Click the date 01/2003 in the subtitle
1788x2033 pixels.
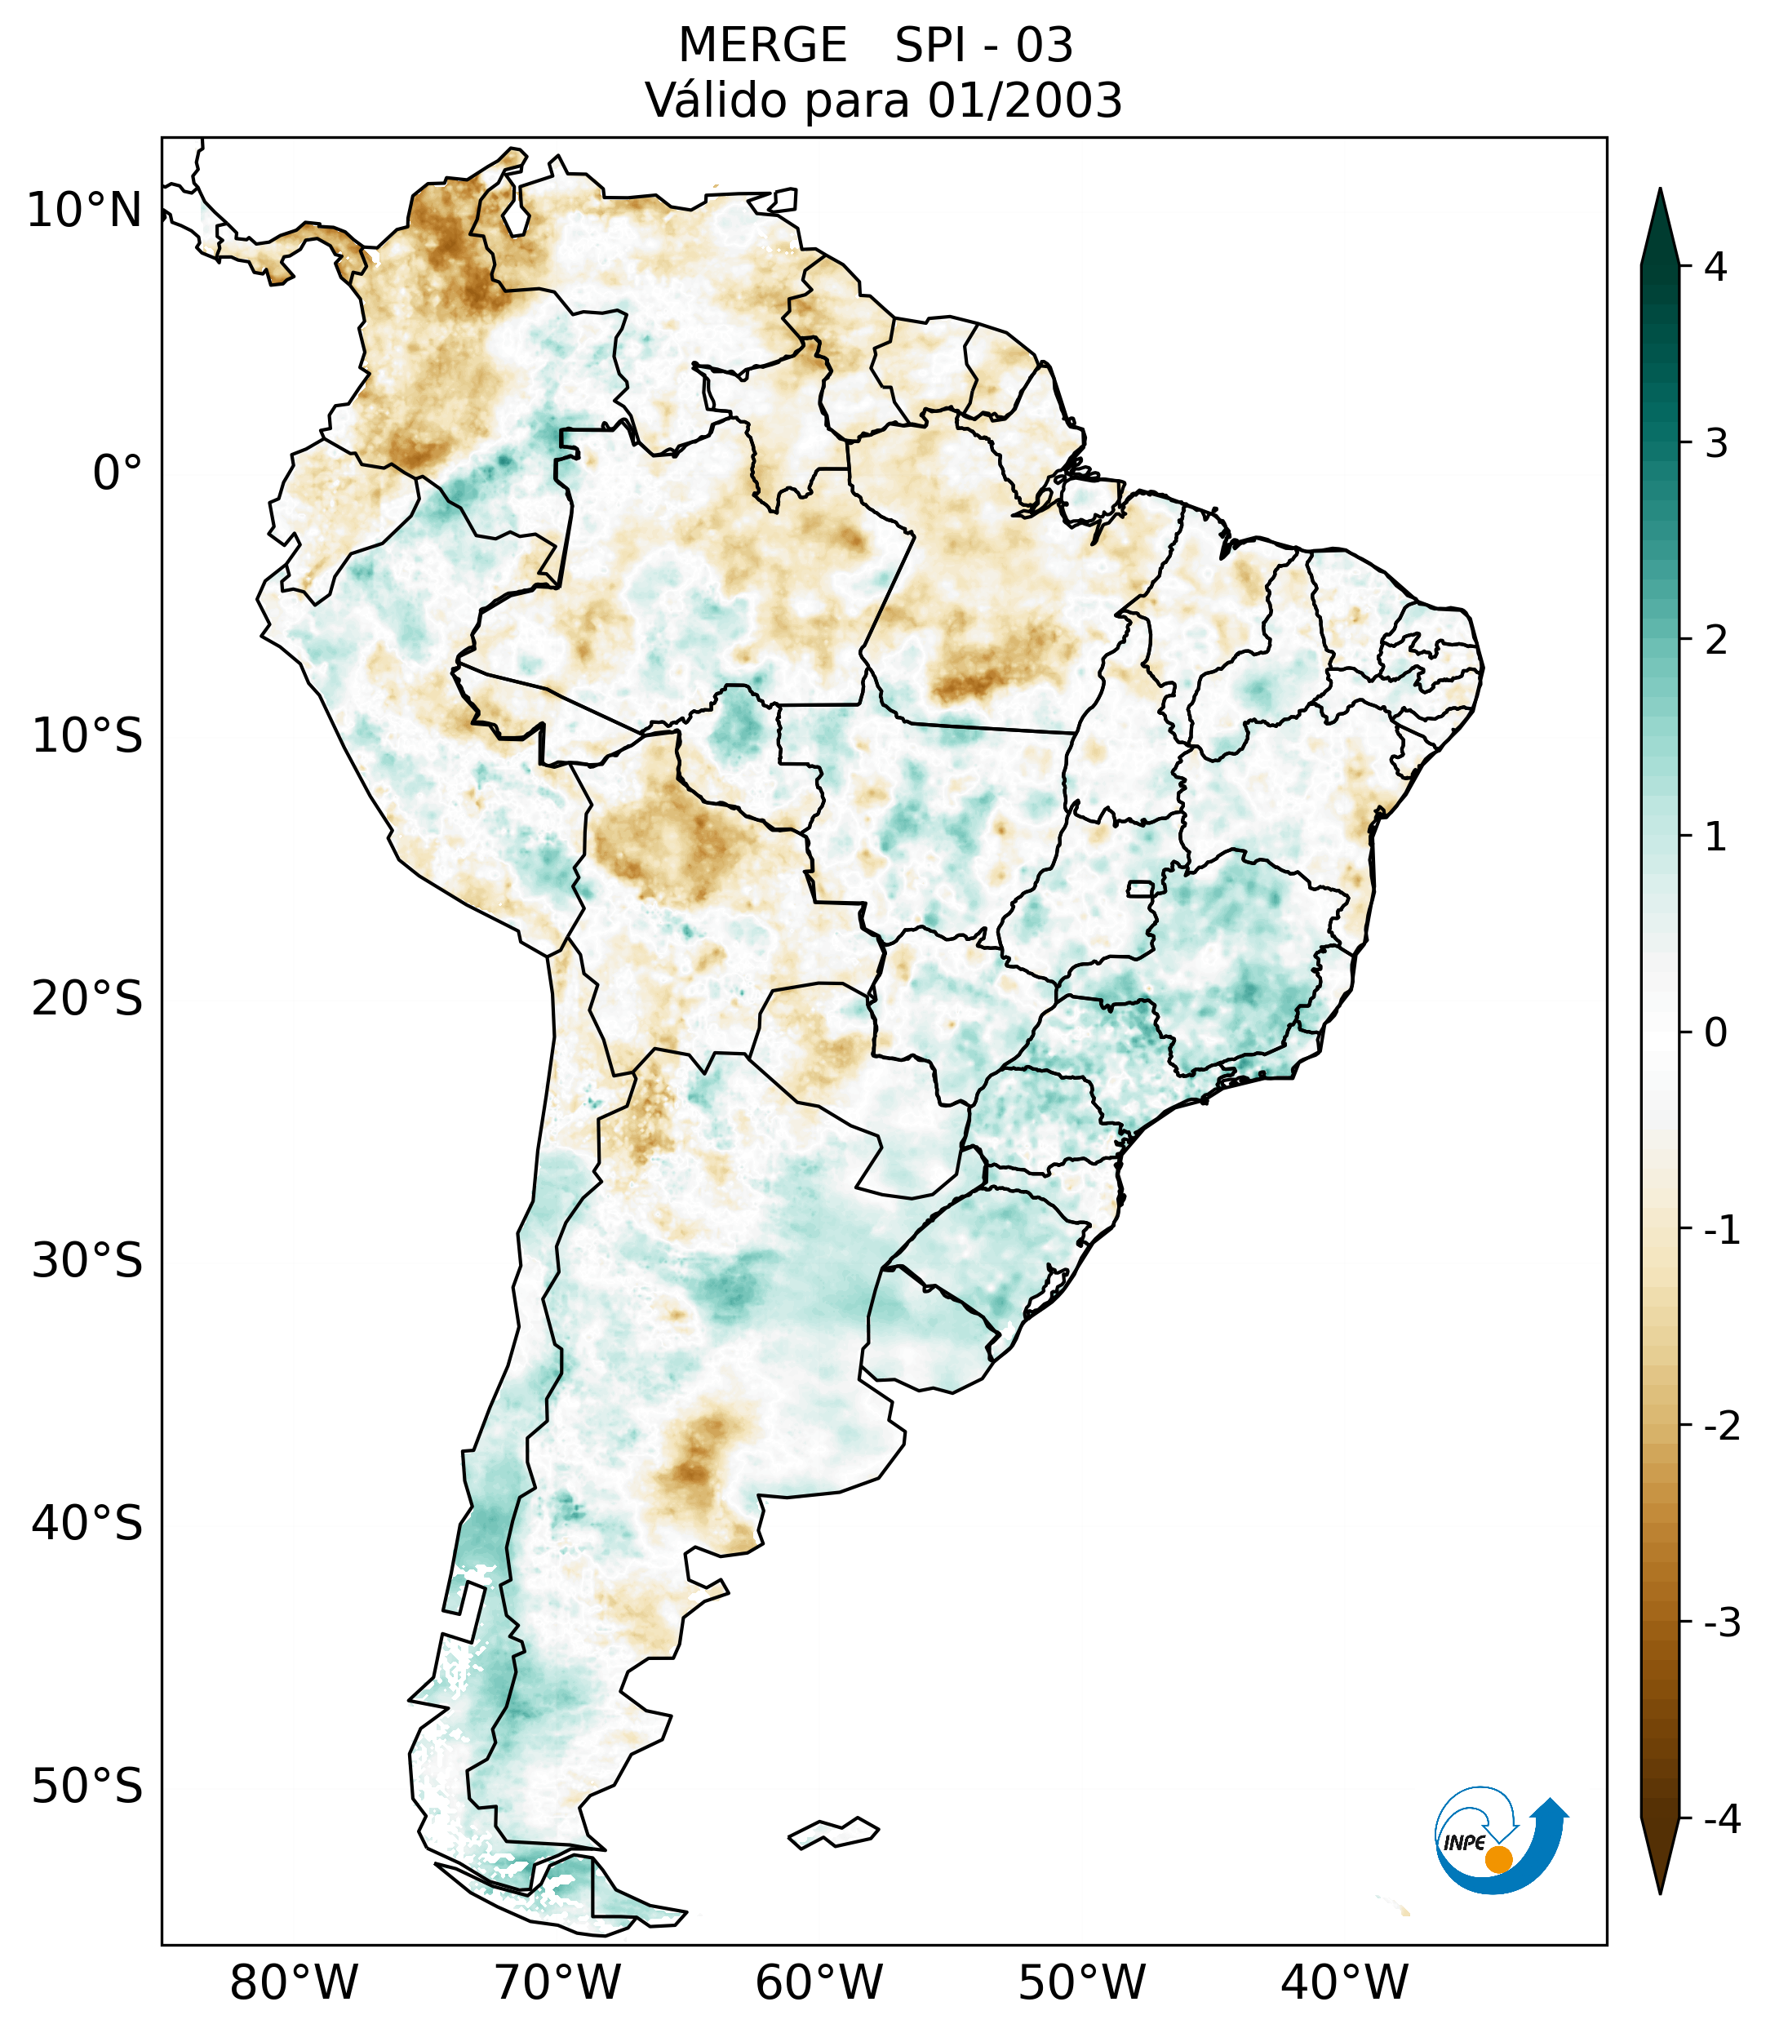pos(1024,100)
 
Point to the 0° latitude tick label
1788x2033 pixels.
pos(118,473)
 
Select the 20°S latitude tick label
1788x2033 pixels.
pos(87,999)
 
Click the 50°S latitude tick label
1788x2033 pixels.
pos(87,1787)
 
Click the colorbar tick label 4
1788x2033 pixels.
pos(1715,267)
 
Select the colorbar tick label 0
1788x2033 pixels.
pos(1715,1033)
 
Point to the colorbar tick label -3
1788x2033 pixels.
pos(1721,1623)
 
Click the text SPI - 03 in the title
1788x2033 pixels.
pos(983,46)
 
